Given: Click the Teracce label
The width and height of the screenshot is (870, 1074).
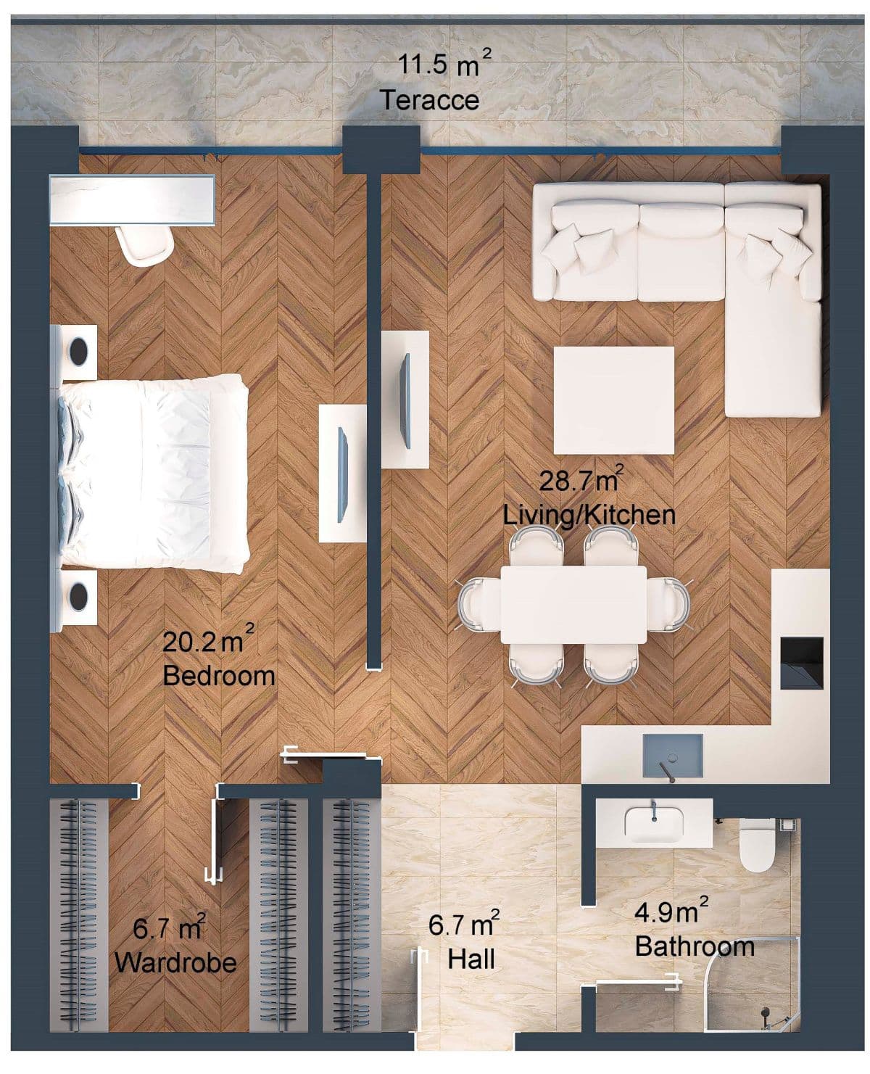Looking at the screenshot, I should click(x=430, y=99).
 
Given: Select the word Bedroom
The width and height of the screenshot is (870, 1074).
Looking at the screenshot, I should click(x=219, y=675).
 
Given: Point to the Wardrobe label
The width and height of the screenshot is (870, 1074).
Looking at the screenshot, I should click(x=175, y=962).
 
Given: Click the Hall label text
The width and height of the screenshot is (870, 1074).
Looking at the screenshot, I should click(x=471, y=959).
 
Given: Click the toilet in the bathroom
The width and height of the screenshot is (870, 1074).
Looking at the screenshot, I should click(x=757, y=845).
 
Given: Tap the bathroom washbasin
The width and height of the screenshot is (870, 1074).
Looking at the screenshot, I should click(x=654, y=825).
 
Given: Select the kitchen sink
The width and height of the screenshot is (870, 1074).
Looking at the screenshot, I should click(x=674, y=755).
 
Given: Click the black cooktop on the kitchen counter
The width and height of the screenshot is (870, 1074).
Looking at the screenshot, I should click(x=802, y=662).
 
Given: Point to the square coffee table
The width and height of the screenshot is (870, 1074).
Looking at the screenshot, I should click(x=613, y=400).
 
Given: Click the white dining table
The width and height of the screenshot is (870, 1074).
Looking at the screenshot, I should click(x=573, y=604).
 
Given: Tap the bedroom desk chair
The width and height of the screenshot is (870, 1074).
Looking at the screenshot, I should click(x=146, y=245).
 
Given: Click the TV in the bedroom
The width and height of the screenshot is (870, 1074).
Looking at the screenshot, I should click(x=343, y=473).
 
